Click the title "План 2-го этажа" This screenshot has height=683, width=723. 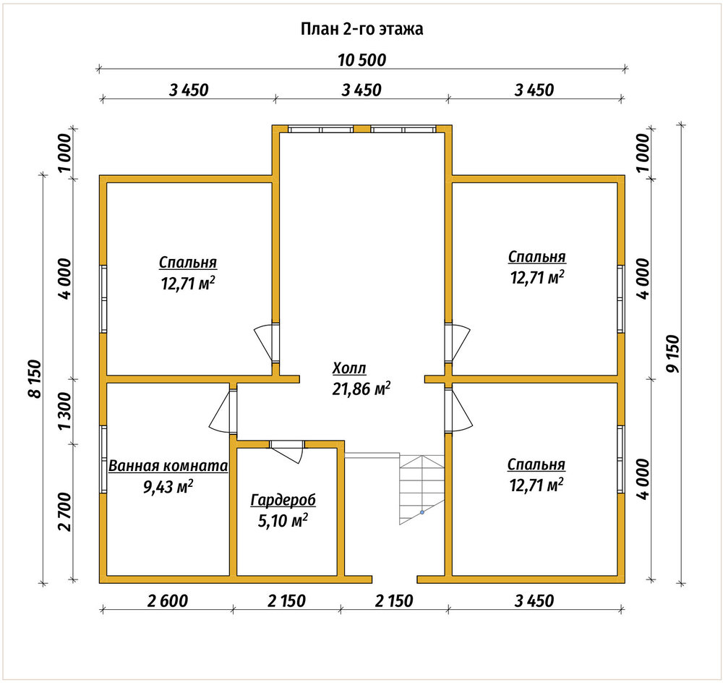[x=362, y=29]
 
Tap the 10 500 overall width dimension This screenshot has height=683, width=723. [x=362, y=60]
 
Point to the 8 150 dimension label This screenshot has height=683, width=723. [x=35, y=378]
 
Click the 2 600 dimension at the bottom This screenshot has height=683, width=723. [x=168, y=601]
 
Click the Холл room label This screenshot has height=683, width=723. [x=349, y=368]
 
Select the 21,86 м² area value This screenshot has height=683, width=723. [x=361, y=389]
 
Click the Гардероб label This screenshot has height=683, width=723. [x=283, y=500]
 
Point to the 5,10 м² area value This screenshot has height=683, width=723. [x=283, y=520]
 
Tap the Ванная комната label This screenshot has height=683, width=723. [x=168, y=466]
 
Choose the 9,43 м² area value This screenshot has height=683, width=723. [x=168, y=486]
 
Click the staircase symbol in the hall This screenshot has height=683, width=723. [x=422, y=489]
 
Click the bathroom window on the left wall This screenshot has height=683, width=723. [x=103, y=459]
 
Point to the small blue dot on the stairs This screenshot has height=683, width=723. [x=422, y=512]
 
